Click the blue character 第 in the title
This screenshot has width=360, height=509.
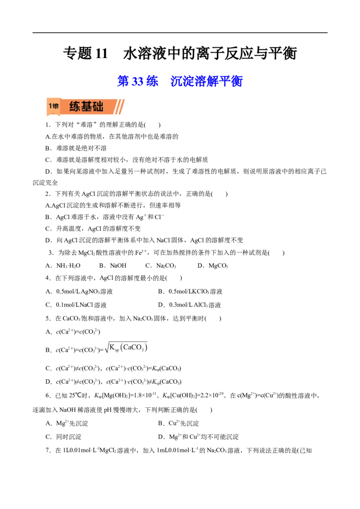[122, 81]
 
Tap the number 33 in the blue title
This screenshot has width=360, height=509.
[137, 81]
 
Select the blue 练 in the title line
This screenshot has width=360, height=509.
[152, 81]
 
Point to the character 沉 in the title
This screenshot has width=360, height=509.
[175, 81]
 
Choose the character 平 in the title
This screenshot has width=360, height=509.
[226, 81]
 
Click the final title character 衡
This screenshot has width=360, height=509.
[237, 81]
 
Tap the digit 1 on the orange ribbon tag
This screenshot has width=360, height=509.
[50, 107]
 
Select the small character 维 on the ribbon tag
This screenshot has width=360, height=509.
[55, 107]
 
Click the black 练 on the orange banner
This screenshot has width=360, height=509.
[75, 107]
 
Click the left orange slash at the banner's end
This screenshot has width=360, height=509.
[117, 107]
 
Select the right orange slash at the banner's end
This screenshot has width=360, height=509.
[121, 107]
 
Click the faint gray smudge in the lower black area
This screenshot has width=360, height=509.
[126, 348]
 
